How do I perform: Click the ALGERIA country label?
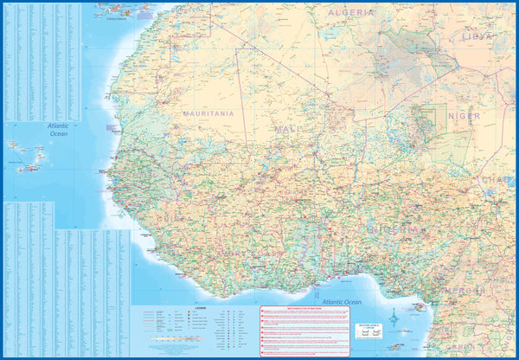pos(351,13)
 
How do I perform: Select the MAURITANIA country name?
pos(208,113)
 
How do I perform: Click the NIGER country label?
pos(464,116)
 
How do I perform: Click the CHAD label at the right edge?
pos(502,180)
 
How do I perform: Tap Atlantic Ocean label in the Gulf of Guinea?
pos(336,302)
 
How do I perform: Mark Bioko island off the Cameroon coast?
pos(420,306)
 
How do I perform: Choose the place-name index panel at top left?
pos(41,61)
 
